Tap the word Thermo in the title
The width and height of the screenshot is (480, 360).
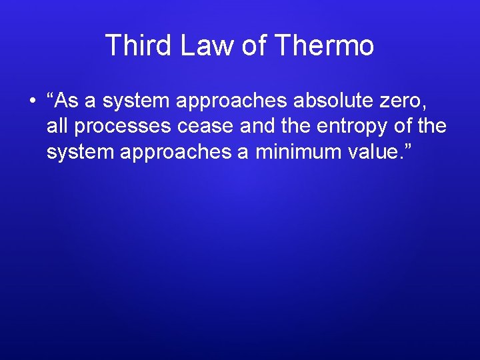pos(324,46)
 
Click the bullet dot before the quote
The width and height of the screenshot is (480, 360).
pos(31,101)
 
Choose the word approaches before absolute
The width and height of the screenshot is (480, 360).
pos(229,101)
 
